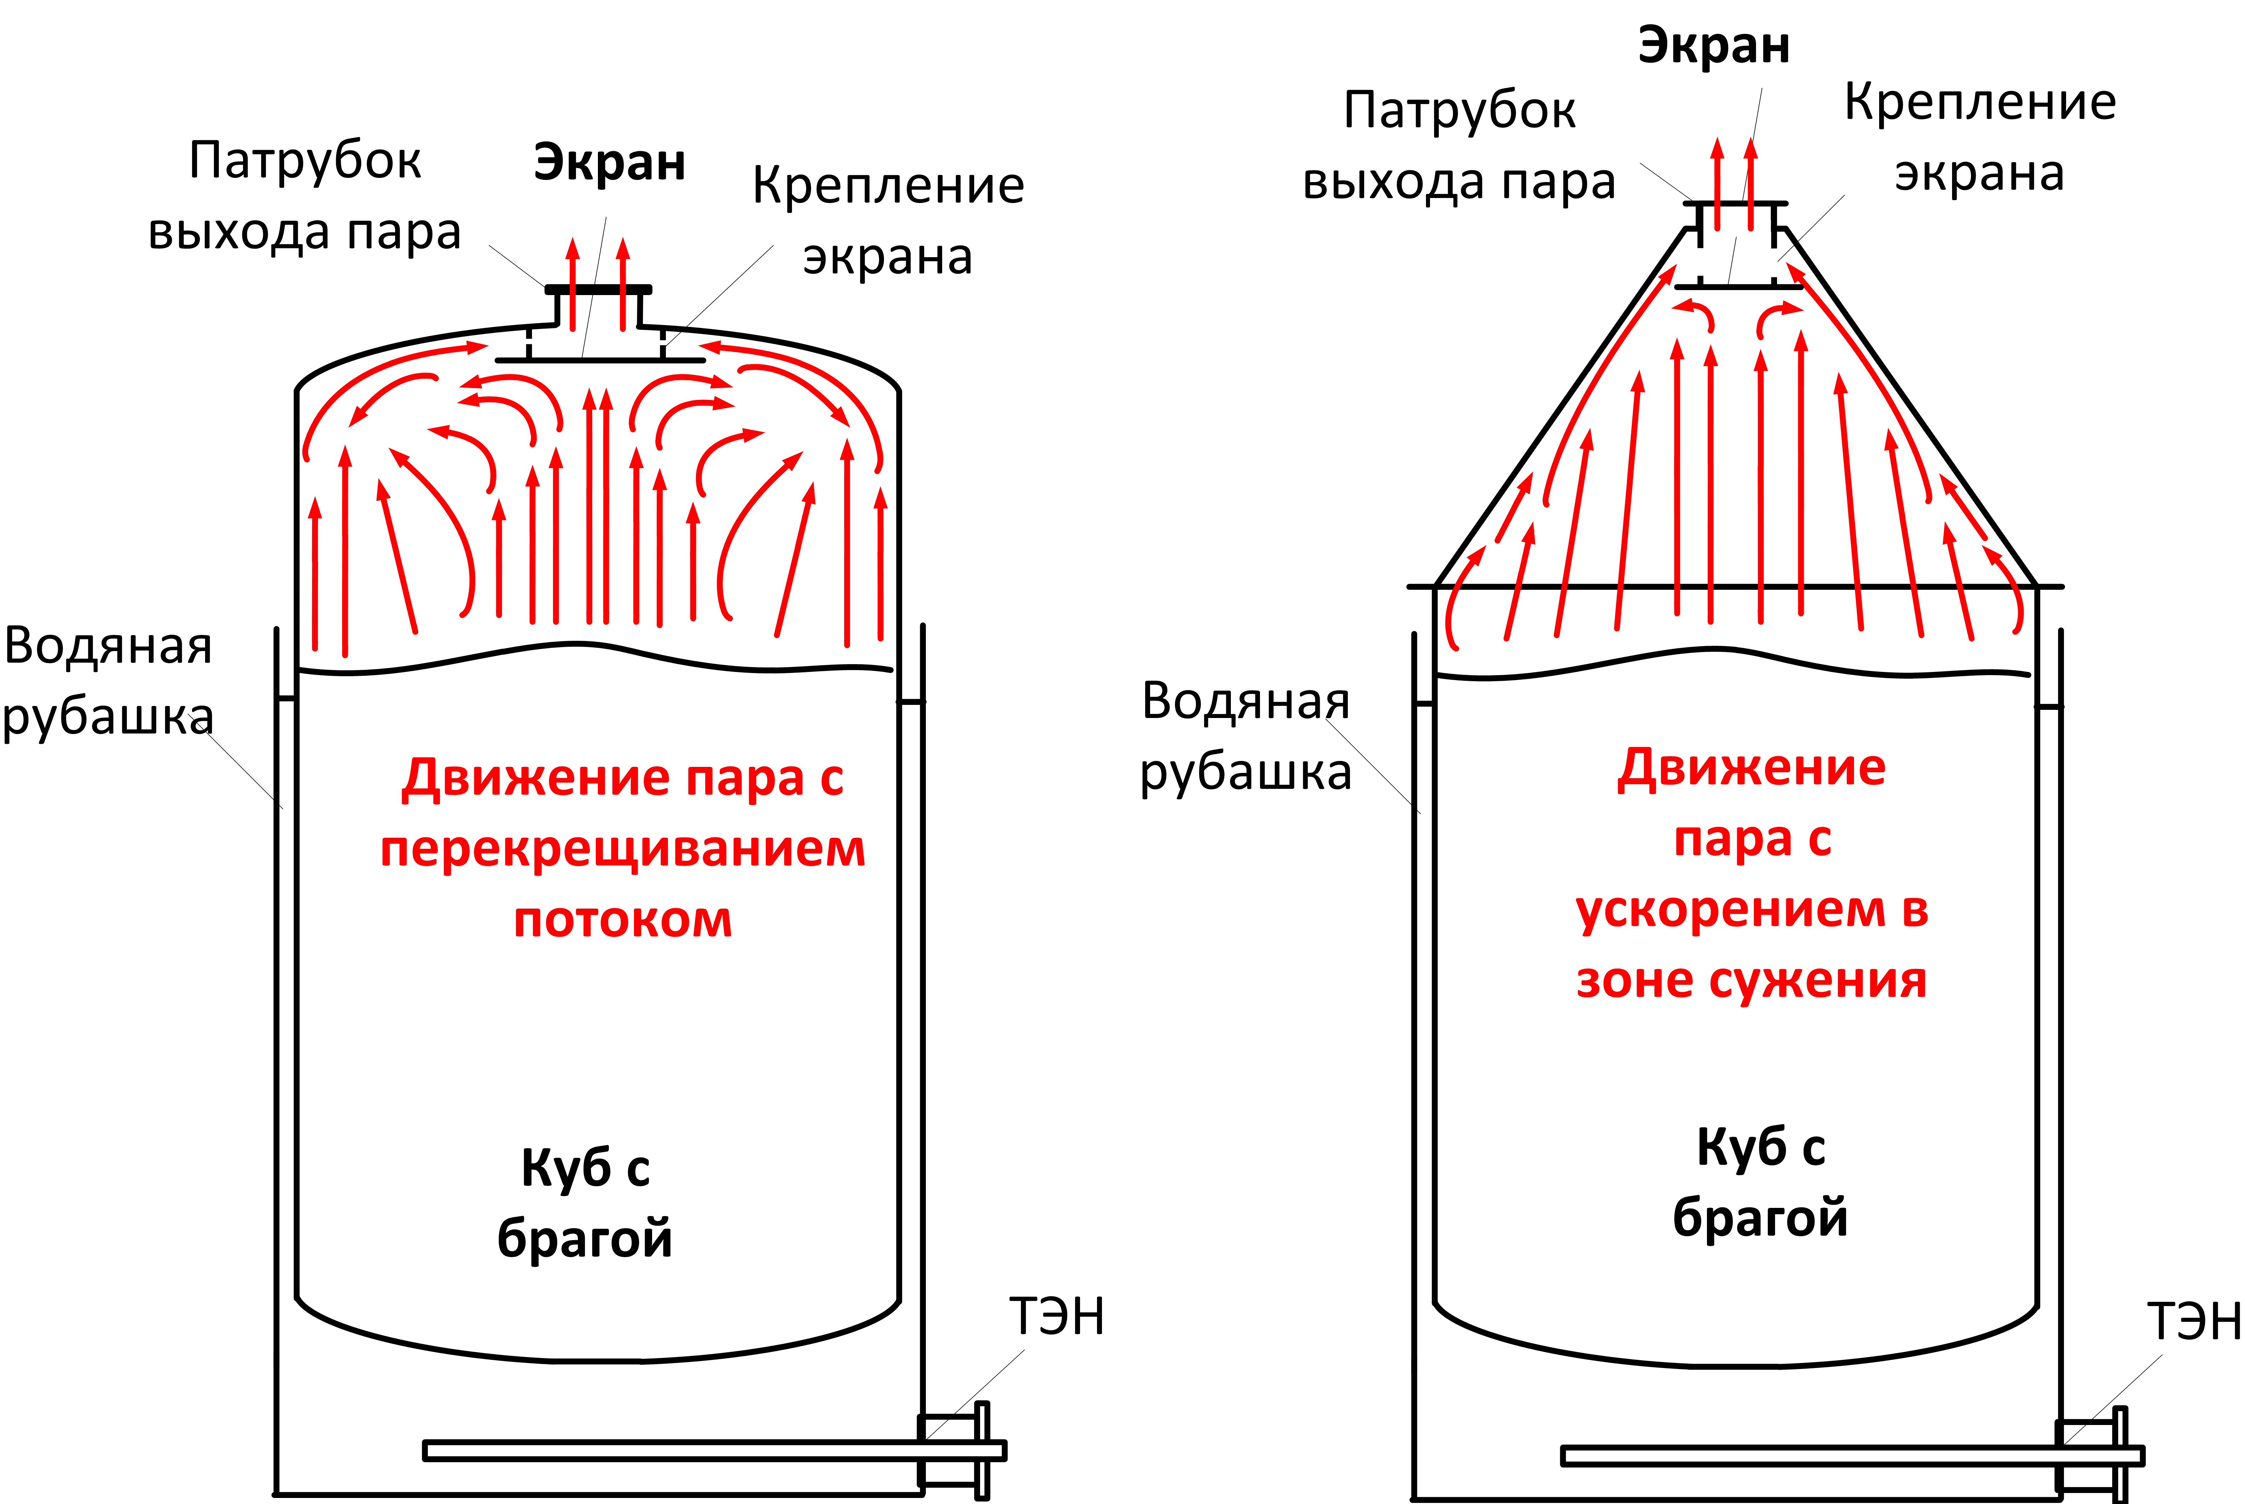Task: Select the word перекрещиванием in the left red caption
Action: tap(622, 849)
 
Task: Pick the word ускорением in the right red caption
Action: tap(1717, 909)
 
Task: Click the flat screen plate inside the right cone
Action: tap(1738, 286)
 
